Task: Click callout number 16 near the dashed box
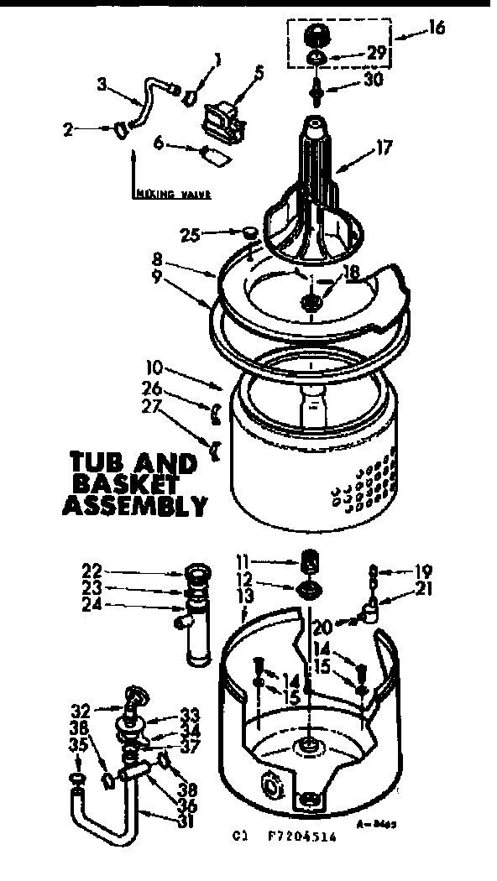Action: pos(435,28)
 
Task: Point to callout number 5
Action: pos(259,73)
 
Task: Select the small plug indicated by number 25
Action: pos(249,232)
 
